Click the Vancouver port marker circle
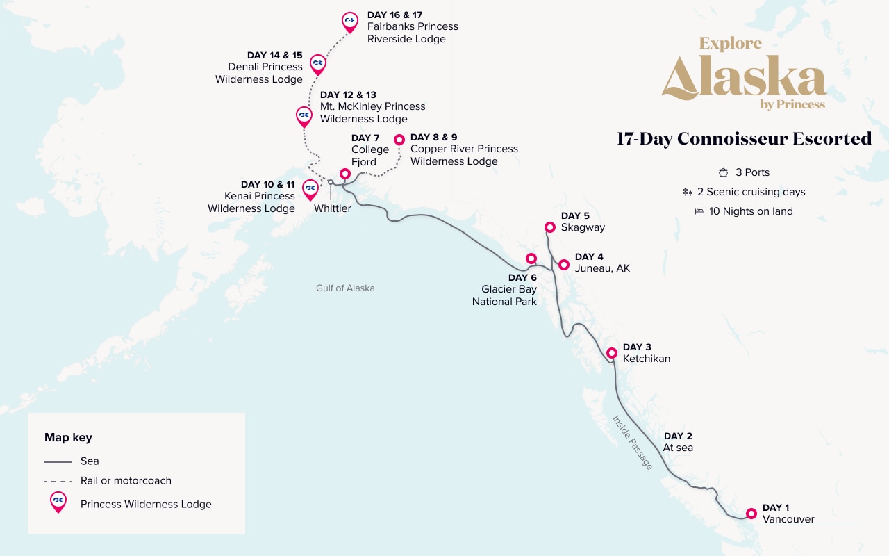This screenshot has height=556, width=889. (751, 514)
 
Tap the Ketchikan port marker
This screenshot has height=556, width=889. (612, 353)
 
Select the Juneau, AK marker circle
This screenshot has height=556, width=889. (564, 265)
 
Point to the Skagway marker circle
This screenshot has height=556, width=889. (549, 227)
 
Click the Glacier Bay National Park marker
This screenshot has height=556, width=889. (531, 259)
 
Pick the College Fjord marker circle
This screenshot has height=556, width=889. (344, 174)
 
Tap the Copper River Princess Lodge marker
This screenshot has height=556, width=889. (399, 140)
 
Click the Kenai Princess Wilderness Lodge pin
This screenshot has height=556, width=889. (310, 188)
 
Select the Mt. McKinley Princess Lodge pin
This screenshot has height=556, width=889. (304, 115)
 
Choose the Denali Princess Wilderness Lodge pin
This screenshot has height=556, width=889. (317, 63)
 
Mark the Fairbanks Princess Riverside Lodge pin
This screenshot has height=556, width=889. (350, 21)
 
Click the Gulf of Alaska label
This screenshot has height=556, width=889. (345, 288)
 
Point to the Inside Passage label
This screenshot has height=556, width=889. (632, 442)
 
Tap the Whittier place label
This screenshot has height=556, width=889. (332, 208)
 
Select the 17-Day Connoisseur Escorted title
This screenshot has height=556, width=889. (744, 138)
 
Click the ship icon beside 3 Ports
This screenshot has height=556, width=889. (723, 172)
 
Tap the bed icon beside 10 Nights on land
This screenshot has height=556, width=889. (699, 211)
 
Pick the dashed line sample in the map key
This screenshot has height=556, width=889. (58, 481)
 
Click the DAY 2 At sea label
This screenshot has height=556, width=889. (678, 442)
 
